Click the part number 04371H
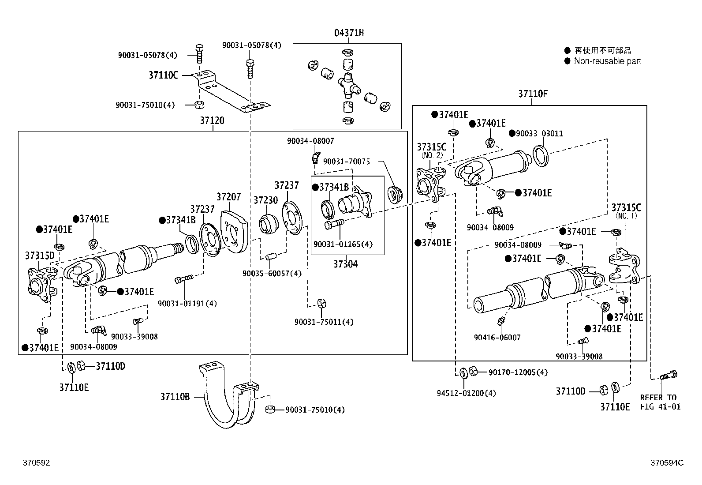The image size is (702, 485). tap(348, 33)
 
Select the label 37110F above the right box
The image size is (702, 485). tap(533, 94)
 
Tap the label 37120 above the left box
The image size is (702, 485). tap(212, 120)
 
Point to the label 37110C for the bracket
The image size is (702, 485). tap(163, 75)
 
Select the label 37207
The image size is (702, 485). tap(228, 197)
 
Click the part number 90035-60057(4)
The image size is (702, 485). tap(272, 274)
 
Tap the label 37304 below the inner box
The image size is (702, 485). tap(345, 264)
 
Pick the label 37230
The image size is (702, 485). tap(265, 200)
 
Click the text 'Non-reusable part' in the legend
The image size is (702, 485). tap(607, 61)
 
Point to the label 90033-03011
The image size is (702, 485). tap(539, 134)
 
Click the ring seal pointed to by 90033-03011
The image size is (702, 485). tap(541, 156)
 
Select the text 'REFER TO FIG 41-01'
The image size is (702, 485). tap(660, 402)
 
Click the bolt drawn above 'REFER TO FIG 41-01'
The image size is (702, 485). tap(668, 376)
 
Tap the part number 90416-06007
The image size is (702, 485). tap(497, 338)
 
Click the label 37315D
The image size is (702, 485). tap(39, 256)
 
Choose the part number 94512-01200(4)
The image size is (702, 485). tap(467, 393)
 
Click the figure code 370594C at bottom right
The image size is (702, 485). tap(667, 463)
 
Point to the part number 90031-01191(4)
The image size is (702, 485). tap(187, 304)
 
